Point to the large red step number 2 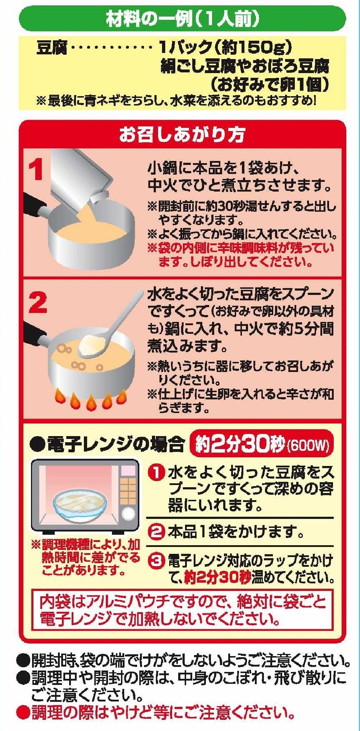(37, 303)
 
